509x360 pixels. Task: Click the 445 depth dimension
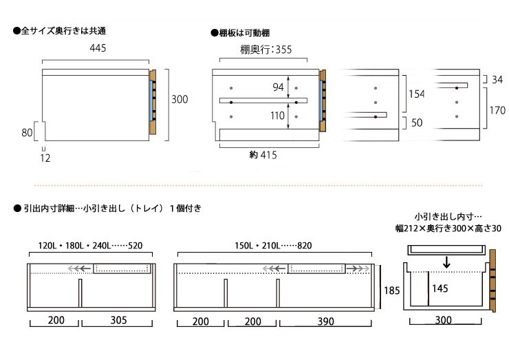point(98,48)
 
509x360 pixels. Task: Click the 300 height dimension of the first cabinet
point(180,100)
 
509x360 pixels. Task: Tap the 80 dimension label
point(27,132)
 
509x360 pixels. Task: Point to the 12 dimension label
point(45,158)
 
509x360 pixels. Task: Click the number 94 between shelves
point(277,87)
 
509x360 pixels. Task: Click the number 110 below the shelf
point(277,116)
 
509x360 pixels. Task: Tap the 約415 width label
point(263,156)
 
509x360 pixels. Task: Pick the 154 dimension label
point(415,94)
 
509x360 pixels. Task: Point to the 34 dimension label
point(497,80)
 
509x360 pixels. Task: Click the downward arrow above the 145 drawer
point(447,262)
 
